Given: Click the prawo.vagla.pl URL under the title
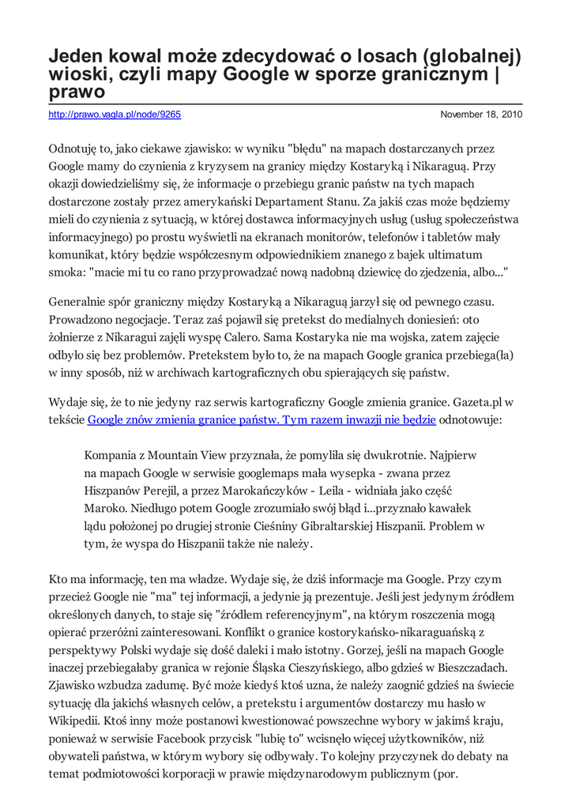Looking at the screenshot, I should [115, 115].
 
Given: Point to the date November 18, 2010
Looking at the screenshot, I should [481, 115].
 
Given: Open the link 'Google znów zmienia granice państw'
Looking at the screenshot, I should [262, 420].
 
